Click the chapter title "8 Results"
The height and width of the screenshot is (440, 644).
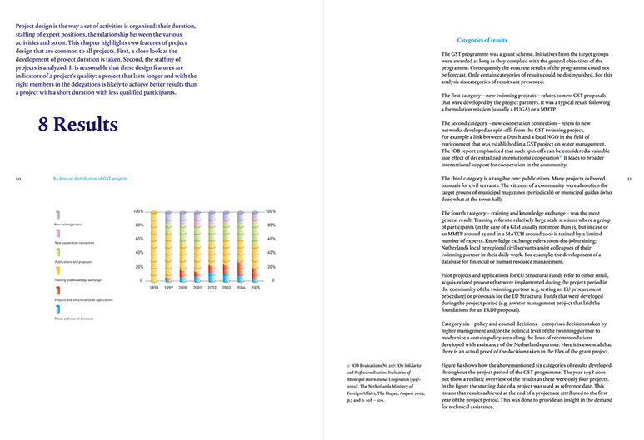[x=77, y=126]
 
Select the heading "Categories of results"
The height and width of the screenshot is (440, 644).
[x=482, y=40]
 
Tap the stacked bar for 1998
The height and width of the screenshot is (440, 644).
[x=153, y=246]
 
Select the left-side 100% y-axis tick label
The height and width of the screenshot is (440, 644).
[x=138, y=211]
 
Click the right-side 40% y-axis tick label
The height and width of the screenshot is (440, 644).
[x=270, y=253]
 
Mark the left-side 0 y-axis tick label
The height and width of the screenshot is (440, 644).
[x=142, y=280]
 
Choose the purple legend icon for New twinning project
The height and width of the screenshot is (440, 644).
[x=57, y=215]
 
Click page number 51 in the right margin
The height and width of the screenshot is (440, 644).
[x=629, y=178]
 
